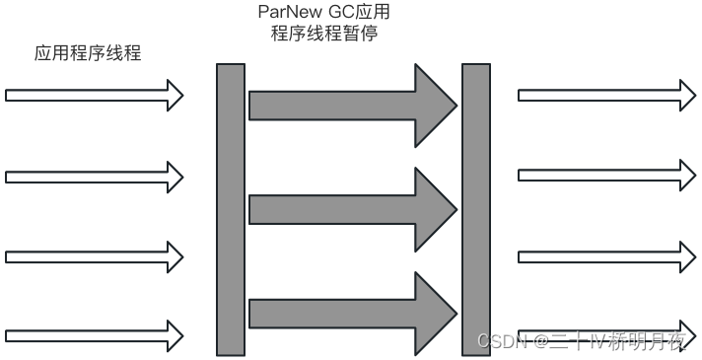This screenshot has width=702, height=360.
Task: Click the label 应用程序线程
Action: click(88, 53)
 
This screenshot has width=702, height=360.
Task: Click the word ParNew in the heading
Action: click(283, 14)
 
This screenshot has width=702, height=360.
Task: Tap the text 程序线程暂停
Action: click(324, 36)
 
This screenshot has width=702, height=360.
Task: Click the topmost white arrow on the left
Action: click(94, 96)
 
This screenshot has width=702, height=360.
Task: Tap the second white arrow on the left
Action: click(94, 177)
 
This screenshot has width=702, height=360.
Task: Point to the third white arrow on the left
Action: click(94, 257)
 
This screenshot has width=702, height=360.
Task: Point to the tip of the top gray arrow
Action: click(455, 103)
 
